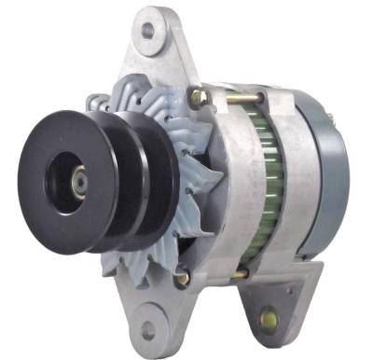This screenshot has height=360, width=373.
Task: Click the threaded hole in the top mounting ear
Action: pos(146,30)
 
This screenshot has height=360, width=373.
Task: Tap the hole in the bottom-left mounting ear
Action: pos(148,329)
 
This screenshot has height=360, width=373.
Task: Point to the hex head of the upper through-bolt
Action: pos(199,96)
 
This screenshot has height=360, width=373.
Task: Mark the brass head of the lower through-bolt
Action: pos(184,277)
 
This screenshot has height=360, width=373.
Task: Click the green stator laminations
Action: pos(249,177)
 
